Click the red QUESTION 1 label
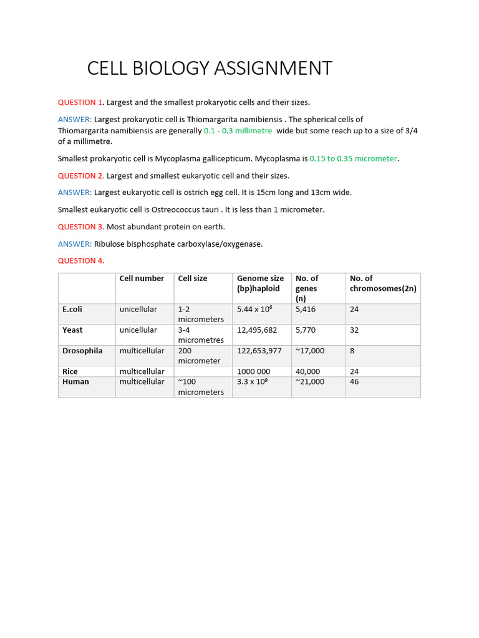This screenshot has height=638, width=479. coord(80,102)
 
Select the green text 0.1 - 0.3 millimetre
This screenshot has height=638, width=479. coord(238,131)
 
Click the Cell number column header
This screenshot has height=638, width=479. coord(142,279)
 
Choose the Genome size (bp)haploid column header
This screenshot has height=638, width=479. coord(260,283)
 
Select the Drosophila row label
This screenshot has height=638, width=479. coord(82,351)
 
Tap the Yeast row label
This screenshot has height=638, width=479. coord(72,330)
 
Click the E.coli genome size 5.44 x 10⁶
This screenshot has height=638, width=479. coord(254,309)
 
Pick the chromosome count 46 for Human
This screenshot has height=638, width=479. coord(354,381)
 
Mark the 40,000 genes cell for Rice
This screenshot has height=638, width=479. coord(307,371)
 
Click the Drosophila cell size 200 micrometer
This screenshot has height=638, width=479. coord(199,356)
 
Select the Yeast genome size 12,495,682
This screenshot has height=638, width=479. coord(257,330)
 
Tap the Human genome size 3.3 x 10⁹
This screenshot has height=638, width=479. coord(252,381)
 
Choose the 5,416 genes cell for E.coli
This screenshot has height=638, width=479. coord(306,309)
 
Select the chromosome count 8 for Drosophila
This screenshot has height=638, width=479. coord(352,351)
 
